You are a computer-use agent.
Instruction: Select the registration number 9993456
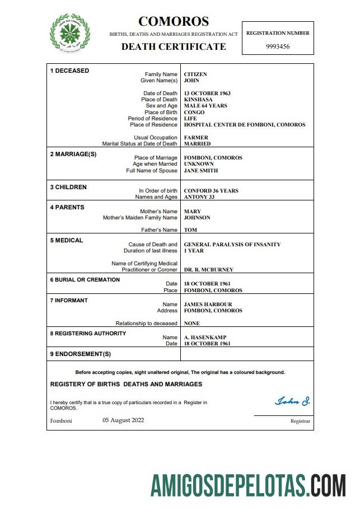click(x=277, y=46)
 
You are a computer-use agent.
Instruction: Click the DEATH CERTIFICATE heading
click(x=174, y=47)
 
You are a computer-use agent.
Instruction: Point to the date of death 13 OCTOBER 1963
click(x=207, y=93)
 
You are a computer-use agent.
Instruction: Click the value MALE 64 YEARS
click(x=205, y=106)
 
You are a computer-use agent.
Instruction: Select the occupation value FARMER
click(x=196, y=138)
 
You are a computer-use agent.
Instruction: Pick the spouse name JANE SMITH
click(x=201, y=171)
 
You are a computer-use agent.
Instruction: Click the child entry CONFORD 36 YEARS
click(x=211, y=191)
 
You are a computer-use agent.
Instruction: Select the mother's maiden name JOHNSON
click(x=197, y=218)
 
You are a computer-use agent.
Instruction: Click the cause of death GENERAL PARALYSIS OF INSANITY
click(x=232, y=245)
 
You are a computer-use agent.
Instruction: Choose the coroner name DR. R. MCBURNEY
click(x=208, y=270)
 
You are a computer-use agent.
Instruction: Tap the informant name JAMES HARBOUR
click(x=208, y=305)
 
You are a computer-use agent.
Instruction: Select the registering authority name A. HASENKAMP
click(x=205, y=338)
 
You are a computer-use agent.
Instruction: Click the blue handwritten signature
click(x=292, y=401)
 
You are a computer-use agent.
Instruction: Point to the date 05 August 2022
click(x=123, y=420)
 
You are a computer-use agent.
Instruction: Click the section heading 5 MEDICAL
click(x=67, y=241)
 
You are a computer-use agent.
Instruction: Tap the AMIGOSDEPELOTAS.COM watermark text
click(x=247, y=484)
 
